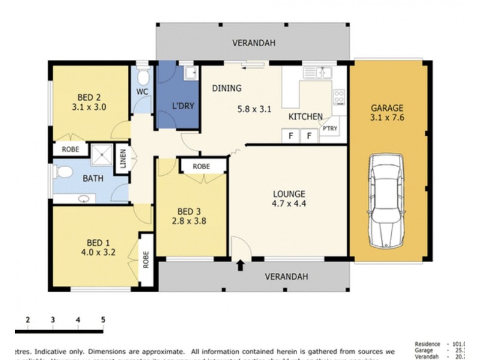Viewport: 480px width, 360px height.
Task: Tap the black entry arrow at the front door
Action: (241, 264)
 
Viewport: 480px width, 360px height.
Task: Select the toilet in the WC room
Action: (142, 77)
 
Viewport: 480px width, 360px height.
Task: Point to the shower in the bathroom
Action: (101, 155)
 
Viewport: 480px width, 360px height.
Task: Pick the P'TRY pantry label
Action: (329, 128)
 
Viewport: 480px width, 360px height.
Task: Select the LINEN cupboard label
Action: (123, 160)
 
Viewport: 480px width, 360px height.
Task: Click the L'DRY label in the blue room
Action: (183, 106)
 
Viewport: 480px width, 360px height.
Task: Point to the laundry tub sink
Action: (190, 73)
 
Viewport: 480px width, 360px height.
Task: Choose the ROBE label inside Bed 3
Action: (202, 166)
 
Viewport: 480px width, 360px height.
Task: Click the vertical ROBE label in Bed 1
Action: (145, 259)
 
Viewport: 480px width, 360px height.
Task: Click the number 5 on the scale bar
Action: (103, 319)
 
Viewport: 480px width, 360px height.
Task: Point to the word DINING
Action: (227, 88)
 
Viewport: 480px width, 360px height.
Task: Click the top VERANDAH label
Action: (254, 43)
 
